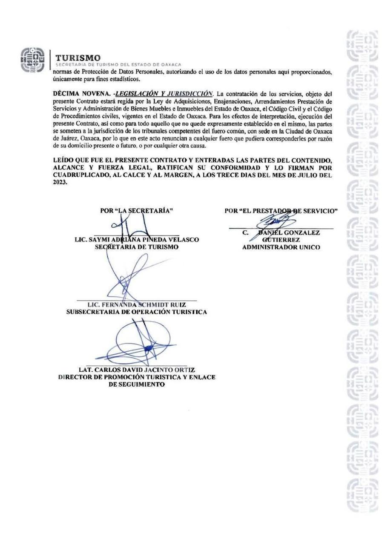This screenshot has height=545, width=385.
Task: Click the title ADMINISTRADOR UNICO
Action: click(281, 247)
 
